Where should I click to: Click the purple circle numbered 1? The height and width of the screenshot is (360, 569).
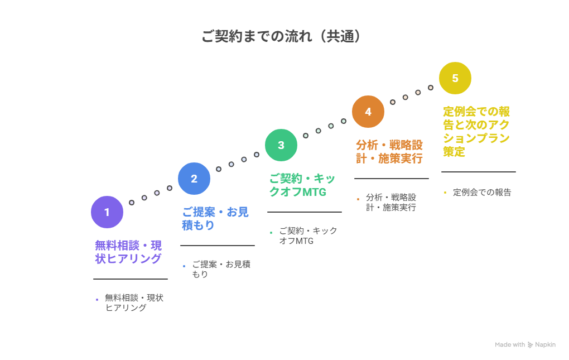(107, 212)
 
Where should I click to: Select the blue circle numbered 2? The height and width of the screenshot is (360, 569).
(194, 179)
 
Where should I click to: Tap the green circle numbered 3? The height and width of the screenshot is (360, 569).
(281, 145)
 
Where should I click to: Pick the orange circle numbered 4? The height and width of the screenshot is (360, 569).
(368, 112)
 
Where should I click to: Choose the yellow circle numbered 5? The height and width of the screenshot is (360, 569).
(455, 78)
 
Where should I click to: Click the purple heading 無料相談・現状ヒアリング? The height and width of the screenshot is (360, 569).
(128, 252)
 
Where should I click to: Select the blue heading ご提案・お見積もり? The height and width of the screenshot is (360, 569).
(215, 219)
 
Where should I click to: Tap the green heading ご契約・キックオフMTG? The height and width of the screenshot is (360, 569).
(302, 185)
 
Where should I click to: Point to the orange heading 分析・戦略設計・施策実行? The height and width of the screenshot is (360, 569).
(389, 152)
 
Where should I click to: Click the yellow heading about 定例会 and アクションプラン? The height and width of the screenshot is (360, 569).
(476, 131)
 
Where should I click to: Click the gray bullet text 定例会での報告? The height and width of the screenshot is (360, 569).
(482, 193)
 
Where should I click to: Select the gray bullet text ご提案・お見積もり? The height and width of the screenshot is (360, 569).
(221, 269)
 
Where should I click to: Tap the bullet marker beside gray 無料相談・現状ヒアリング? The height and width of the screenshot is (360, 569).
(97, 300)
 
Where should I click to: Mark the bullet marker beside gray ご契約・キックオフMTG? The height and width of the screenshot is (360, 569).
(271, 233)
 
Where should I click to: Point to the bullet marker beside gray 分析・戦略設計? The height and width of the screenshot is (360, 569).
(358, 199)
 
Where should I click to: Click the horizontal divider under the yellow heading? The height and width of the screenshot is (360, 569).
(479, 172)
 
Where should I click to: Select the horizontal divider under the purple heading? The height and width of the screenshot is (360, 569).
(131, 279)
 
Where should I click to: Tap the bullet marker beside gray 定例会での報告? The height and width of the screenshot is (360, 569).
(445, 193)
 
